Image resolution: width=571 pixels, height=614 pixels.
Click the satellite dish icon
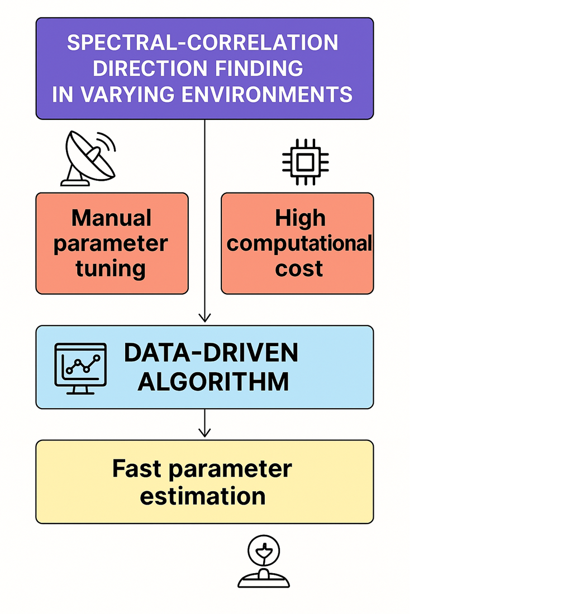click(x=88, y=158)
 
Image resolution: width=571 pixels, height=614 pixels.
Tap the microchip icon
click(x=304, y=162)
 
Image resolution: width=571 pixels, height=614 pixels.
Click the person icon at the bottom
click(x=264, y=563)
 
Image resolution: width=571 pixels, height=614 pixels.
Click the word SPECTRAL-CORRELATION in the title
click(x=202, y=43)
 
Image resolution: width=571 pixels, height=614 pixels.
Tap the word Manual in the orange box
click(x=111, y=218)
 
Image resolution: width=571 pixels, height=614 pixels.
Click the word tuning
click(x=111, y=269)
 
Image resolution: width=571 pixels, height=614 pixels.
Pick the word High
click(x=300, y=218)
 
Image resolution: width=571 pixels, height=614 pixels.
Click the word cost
click(x=299, y=269)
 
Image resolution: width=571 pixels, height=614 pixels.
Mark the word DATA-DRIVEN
click(x=211, y=353)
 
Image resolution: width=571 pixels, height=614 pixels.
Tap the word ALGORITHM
click(x=213, y=382)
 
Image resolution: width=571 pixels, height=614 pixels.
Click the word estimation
click(x=203, y=496)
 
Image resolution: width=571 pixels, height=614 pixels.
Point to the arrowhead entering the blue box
click(x=204, y=318)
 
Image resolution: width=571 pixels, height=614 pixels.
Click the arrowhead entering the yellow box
click(x=204, y=433)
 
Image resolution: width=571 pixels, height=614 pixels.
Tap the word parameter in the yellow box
click(x=230, y=468)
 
